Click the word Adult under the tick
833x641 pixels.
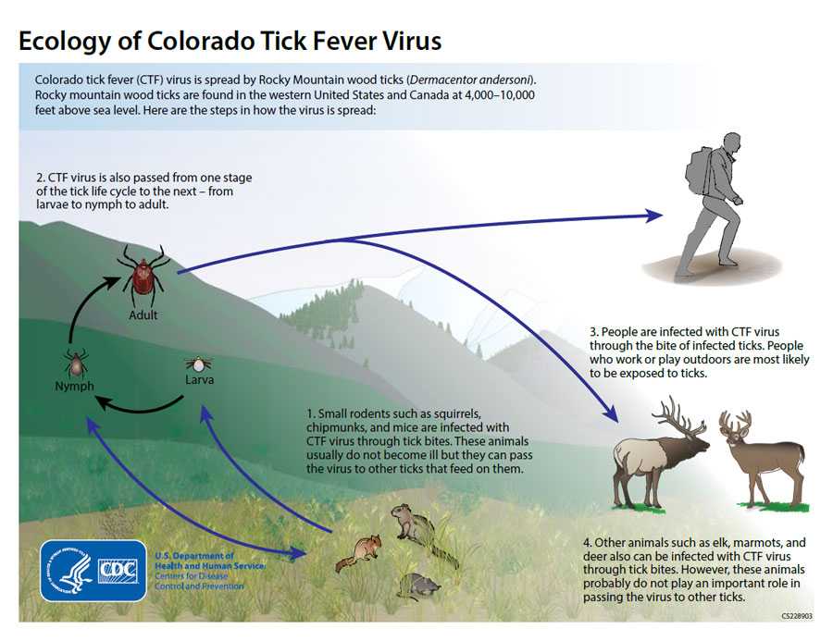click(x=143, y=314)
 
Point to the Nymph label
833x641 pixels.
click(x=74, y=386)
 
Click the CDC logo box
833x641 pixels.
click(x=118, y=571)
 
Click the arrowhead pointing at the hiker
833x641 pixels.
click(x=653, y=216)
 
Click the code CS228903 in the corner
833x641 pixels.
click(x=795, y=614)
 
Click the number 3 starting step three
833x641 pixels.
click(x=592, y=332)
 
